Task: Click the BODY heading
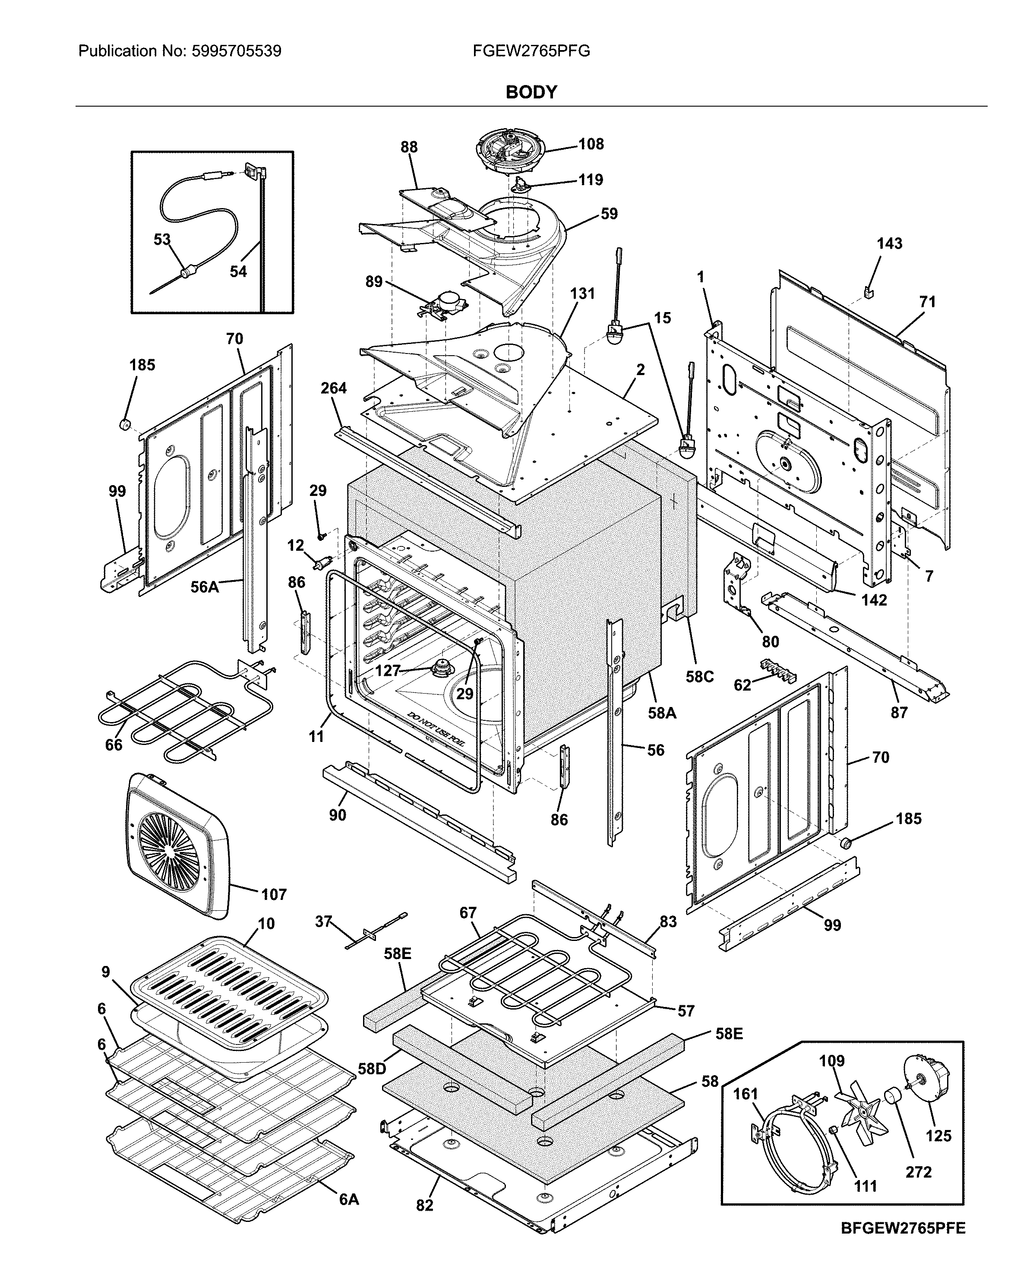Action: [x=531, y=92]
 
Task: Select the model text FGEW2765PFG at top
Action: [x=531, y=51]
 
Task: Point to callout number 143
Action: [x=889, y=243]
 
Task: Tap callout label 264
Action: [x=333, y=388]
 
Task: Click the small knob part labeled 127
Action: [x=442, y=668]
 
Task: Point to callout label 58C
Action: [x=699, y=676]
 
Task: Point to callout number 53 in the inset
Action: [x=162, y=239]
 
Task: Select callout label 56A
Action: [x=204, y=587]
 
